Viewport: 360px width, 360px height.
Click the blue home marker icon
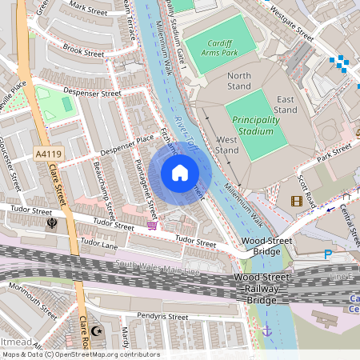tap(180, 173)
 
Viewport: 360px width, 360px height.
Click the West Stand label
tap(227, 145)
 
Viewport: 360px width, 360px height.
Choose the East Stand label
tap(285, 104)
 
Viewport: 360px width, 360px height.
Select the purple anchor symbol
tap(267, 330)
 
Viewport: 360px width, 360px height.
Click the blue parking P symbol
tap(327, 254)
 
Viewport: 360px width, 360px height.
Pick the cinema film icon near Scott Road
tap(298, 201)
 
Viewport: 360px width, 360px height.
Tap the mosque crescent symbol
tap(98, 330)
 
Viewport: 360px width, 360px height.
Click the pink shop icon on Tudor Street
tap(152, 226)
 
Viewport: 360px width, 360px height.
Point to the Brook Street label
tap(83, 53)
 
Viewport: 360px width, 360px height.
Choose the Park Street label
tap(334, 152)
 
